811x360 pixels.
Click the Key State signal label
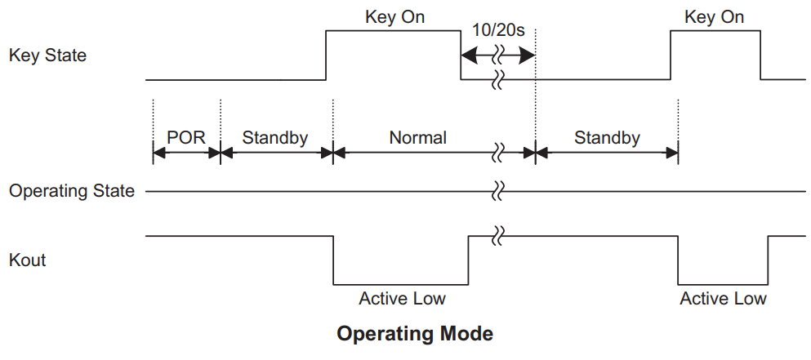pyautogui.click(x=47, y=56)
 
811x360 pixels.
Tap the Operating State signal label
pyautogui.click(x=72, y=192)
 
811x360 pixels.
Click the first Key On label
pyautogui.click(x=394, y=17)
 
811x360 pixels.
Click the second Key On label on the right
pyautogui.click(x=715, y=17)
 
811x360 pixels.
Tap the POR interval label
pyautogui.click(x=186, y=137)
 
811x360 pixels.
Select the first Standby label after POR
pyautogui.click(x=275, y=137)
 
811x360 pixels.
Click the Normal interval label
pyautogui.click(x=417, y=137)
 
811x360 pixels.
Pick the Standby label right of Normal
pyautogui.click(x=607, y=137)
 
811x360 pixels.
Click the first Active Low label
pyautogui.click(x=402, y=299)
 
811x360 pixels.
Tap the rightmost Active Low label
pyautogui.click(x=723, y=299)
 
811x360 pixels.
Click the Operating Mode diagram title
pyautogui.click(x=415, y=334)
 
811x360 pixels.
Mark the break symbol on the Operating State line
pyautogui.click(x=498, y=192)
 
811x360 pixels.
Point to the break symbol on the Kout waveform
pyautogui.click(x=498, y=237)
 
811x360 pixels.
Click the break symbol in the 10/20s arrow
pyautogui.click(x=498, y=56)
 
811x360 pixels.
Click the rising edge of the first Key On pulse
pyautogui.click(x=326, y=56)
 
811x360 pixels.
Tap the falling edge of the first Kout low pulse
pyautogui.click(x=333, y=260)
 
